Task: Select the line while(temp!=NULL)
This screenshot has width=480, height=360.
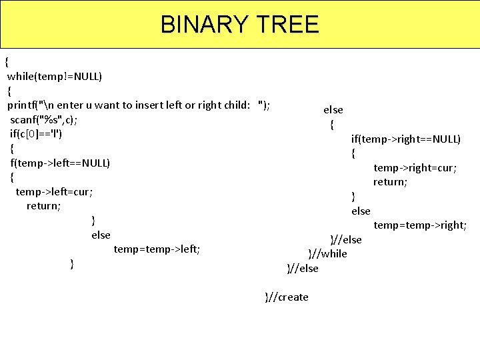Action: pos(55,76)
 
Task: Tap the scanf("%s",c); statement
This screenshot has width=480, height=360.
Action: pos(43,120)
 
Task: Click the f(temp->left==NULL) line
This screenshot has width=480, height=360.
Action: pos(60,163)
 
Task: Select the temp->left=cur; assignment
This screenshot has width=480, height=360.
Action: pos(54,191)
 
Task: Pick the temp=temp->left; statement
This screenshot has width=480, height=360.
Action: pos(157,249)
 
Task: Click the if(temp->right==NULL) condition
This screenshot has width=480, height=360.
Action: pos(406,139)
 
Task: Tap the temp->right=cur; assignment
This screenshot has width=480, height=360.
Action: pos(415,167)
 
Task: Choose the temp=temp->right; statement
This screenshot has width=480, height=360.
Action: pos(420,225)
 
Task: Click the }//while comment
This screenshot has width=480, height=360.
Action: pos(327,253)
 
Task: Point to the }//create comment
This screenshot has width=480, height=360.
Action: pos(287,297)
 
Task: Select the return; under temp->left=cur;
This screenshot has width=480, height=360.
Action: pos(43,206)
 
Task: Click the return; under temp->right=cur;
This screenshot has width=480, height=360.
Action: pos(390,181)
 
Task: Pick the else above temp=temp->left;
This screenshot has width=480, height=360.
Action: pos(101,235)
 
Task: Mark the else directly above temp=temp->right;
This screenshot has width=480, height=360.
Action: pos(361,211)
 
